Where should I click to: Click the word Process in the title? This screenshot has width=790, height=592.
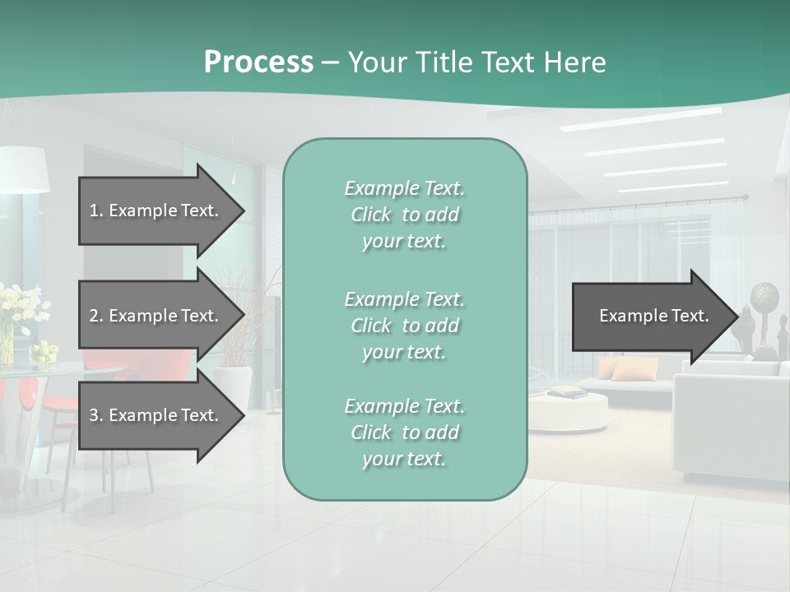point(258,62)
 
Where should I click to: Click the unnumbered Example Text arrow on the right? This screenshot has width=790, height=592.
point(654,316)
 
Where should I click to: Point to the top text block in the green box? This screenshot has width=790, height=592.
point(404,215)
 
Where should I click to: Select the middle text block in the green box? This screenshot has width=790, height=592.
point(404,326)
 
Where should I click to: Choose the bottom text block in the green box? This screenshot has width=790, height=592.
point(404,432)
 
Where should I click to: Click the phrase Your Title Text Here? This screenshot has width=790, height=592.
point(476,62)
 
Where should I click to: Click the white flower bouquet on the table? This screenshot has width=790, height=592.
point(21,304)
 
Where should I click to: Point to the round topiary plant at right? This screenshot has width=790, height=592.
point(764,294)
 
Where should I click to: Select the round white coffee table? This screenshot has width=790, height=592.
point(568,409)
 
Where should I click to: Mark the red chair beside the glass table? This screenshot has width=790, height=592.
point(62,403)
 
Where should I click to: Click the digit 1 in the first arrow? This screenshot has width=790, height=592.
point(94,211)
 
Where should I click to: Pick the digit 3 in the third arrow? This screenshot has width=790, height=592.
point(94,416)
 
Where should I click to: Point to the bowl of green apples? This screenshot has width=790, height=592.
point(44,354)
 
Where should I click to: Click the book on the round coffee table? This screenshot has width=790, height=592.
point(567,393)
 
